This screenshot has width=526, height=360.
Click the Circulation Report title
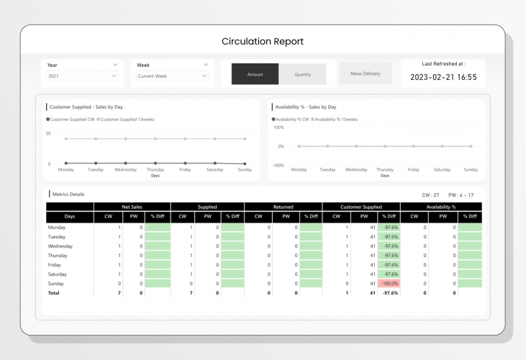[x=263, y=41]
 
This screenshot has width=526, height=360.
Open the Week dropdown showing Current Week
[x=173, y=76]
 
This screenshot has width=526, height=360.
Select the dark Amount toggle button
[x=255, y=74]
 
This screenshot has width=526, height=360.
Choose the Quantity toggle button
[x=303, y=74]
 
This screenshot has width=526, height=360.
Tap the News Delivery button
[x=366, y=73]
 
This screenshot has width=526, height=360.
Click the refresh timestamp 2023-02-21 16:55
[x=443, y=76]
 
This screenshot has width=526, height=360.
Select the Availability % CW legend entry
[x=292, y=119]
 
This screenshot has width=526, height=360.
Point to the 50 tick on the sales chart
[x=48, y=134]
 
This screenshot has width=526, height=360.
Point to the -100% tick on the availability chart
[x=278, y=166]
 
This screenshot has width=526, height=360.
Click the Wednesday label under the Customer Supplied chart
[x=125, y=170]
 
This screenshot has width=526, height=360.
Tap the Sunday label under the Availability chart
[x=471, y=170]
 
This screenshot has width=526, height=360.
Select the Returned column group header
[x=283, y=207]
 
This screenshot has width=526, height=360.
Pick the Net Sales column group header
[x=132, y=207]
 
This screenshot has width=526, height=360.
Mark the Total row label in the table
[x=54, y=293]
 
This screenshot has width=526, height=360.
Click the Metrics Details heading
[x=68, y=194]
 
